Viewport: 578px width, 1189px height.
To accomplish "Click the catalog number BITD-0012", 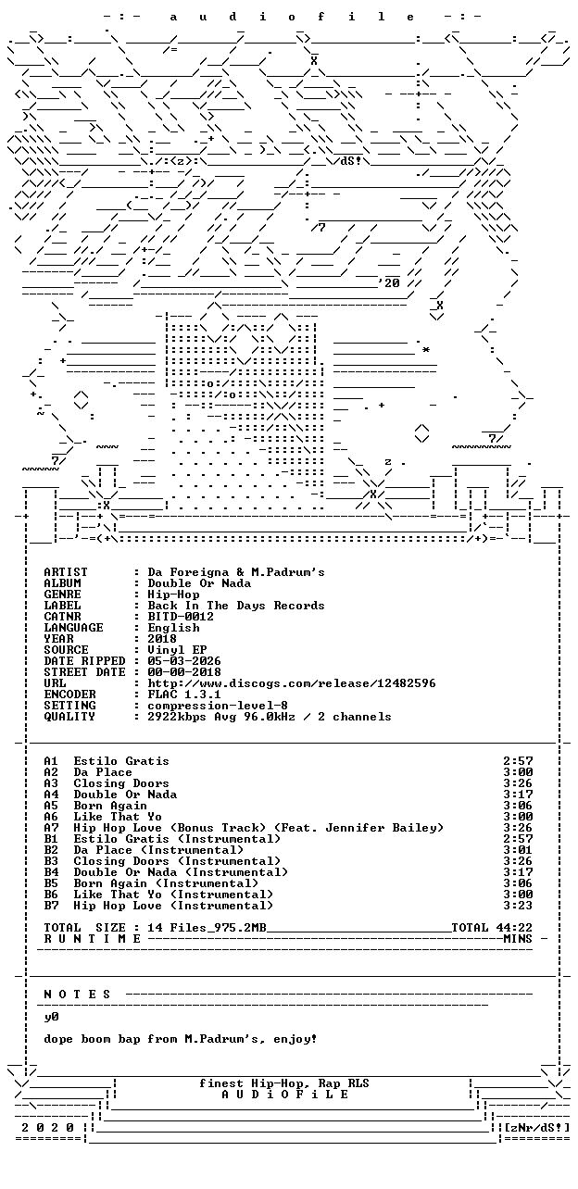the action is pyautogui.click(x=181, y=617).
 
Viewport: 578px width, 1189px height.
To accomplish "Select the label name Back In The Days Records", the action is pyautogui.click(x=235, y=605).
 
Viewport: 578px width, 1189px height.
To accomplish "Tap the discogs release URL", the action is pyautogui.click(x=292, y=683).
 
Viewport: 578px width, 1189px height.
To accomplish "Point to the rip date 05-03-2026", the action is pyautogui.click(x=184, y=661).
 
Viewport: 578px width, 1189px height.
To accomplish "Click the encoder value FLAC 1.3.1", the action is pyautogui.click(x=184, y=695).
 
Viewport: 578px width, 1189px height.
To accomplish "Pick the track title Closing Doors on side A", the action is pyautogui.click(x=121, y=783).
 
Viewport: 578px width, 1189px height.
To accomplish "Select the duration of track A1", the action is pyautogui.click(x=518, y=761).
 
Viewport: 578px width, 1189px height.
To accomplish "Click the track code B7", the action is pyautogui.click(x=51, y=906).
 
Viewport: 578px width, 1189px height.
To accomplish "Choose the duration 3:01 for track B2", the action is pyautogui.click(x=518, y=850).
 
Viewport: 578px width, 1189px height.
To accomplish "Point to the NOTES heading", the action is pyautogui.click(x=77, y=995).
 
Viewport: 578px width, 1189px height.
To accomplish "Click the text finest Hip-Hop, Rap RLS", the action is pyautogui.click(x=284, y=1083).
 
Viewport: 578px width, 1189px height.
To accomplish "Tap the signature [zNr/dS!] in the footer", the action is pyautogui.click(x=536, y=1127).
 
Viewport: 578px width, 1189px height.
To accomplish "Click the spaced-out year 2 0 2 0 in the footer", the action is pyautogui.click(x=47, y=1128).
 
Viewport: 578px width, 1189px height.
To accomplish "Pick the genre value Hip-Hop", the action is pyautogui.click(x=173, y=594).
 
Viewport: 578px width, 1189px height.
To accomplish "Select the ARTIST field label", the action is pyautogui.click(x=66, y=572).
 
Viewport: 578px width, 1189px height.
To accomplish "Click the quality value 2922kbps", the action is pyautogui.click(x=177, y=717).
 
